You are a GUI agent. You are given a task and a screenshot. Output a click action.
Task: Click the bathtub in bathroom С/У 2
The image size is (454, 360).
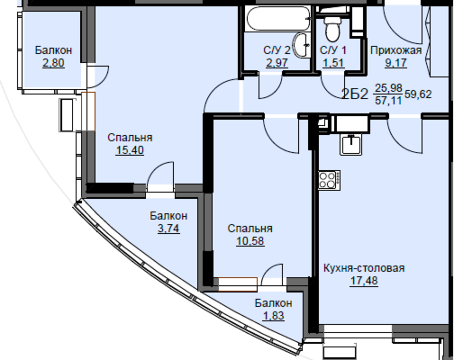pos(278,19)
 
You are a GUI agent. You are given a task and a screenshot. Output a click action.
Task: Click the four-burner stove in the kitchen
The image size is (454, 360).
pos(329,180)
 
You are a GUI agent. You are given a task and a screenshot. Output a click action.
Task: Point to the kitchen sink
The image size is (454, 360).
pos(351,145)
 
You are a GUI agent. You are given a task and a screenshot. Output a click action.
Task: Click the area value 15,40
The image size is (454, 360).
pos(130,150)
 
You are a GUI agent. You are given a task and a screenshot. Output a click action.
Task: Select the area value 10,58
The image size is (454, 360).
pos(250,241)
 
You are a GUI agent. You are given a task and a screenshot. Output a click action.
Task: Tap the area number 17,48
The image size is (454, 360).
pos(364,280)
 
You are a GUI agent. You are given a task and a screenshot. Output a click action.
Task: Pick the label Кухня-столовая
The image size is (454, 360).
pos(364,268)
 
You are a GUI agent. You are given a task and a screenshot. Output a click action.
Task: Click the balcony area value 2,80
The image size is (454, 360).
pos(53,63)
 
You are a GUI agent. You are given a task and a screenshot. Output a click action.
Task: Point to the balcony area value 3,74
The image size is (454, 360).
pos(169,229)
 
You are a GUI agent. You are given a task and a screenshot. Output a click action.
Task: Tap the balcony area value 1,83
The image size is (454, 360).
pos(273,316)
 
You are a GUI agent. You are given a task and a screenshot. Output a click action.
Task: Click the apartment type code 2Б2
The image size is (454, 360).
pos(355,94)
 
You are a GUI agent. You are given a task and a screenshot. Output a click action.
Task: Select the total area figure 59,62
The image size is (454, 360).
pos(418,94)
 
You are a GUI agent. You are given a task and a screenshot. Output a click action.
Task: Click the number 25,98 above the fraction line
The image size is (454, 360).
pos(388,88)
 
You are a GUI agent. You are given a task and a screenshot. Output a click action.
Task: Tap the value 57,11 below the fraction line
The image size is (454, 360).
pos(388,100)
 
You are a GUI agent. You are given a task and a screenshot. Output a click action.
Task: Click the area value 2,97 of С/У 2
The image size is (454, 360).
pos(277,63)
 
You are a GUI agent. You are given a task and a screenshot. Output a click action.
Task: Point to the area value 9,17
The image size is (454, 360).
pos(396,63)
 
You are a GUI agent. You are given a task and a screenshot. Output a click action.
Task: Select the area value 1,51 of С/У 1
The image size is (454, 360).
pos(334,63)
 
